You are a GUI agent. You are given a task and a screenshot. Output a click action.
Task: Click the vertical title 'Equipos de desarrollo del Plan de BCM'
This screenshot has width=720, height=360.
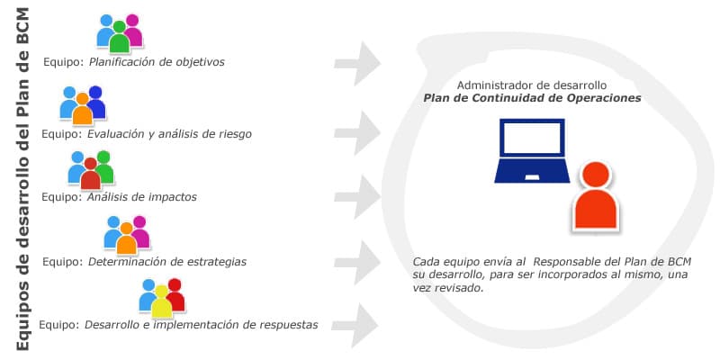pos(22,180)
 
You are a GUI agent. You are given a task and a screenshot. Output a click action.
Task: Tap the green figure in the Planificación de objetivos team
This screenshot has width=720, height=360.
pos(120,37)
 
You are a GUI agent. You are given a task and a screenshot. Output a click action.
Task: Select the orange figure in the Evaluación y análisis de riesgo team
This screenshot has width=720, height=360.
pos(83,109)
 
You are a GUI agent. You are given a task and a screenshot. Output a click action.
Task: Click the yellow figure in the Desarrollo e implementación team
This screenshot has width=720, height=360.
pos(162,301)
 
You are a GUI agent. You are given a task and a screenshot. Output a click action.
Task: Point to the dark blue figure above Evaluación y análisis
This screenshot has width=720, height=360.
pos(96,102)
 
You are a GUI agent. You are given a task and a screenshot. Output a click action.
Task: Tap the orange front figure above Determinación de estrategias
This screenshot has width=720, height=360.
pos(126,238)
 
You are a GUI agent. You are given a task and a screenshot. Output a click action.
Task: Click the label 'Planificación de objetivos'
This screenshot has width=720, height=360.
pos(157,61)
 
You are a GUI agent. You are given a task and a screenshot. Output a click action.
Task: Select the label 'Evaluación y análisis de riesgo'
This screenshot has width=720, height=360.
pos(169,134)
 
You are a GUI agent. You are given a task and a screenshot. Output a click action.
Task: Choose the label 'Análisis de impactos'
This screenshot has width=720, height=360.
pos(142,197)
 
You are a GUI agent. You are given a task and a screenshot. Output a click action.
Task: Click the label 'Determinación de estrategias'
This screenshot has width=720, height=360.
pos(167,262)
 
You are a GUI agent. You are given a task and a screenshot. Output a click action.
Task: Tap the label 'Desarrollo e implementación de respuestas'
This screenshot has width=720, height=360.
pos(201,325)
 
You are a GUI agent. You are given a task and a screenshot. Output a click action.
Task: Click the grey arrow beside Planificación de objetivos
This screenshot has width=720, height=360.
pos(357,63)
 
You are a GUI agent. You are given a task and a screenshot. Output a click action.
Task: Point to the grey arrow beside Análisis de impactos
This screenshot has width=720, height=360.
pos(357,197)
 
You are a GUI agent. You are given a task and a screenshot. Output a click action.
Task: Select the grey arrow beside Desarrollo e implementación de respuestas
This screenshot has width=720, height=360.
pos(355,325)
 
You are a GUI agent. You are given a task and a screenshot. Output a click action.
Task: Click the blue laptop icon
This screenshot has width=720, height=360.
pos(532,151)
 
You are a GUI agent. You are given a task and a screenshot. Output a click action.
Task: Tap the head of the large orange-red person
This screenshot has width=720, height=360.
pos(596,175)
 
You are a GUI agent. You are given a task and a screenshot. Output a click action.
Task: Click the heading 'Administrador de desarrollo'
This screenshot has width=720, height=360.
pos(532,85)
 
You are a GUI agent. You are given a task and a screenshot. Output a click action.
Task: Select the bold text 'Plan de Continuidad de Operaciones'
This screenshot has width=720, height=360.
pos(532,98)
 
